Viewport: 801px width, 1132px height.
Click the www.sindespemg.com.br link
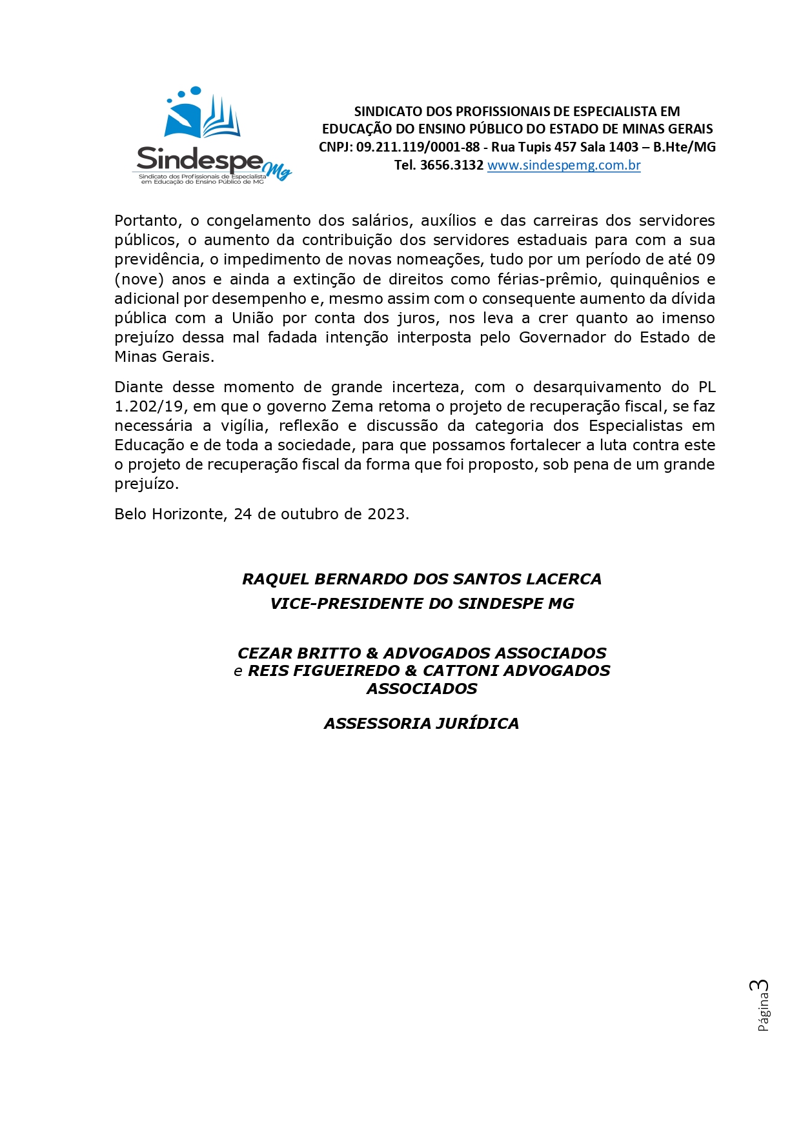tap(563, 165)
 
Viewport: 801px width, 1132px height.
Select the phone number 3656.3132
tap(451, 165)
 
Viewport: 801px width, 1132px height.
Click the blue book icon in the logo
tap(203, 117)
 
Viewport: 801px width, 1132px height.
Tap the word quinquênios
tap(654, 279)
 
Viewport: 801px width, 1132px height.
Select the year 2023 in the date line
tap(386, 514)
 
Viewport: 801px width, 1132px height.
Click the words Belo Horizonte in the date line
tap(168, 514)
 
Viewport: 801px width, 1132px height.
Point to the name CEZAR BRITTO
tap(299, 653)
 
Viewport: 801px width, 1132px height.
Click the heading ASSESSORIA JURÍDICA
tap(421, 724)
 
